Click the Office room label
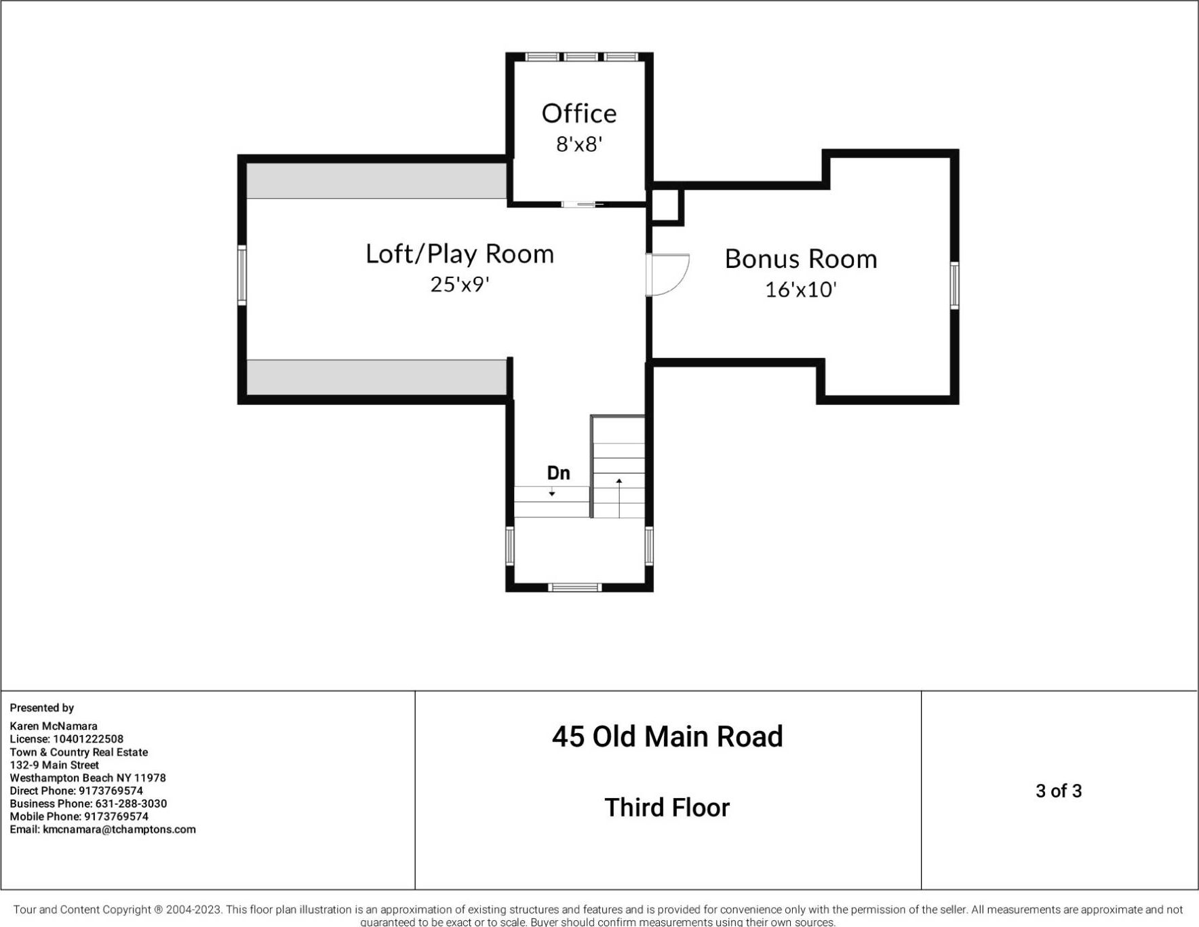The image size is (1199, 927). (579, 113)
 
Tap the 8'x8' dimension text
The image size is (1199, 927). (579, 144)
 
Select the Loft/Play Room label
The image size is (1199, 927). (460, 254)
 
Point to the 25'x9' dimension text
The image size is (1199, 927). (460, 284)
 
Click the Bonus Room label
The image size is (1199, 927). (801, 259)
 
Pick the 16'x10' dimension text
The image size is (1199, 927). (801, 290)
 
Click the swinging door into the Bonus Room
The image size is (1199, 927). (666, 275)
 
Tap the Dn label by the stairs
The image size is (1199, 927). (558, 473)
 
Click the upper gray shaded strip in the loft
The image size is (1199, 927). (376, 180)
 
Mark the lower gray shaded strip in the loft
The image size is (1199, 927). (376, 377)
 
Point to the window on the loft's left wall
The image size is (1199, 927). (241, 275)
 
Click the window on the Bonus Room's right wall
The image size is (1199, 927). (954, 285)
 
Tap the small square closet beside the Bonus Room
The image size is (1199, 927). (665, 205)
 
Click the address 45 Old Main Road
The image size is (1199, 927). (667, 736)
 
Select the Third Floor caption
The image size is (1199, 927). (667, 808)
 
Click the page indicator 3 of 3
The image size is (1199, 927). (1059, 791)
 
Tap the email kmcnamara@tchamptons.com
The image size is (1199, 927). (119, 829)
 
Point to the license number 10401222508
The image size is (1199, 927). (88, 739)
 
